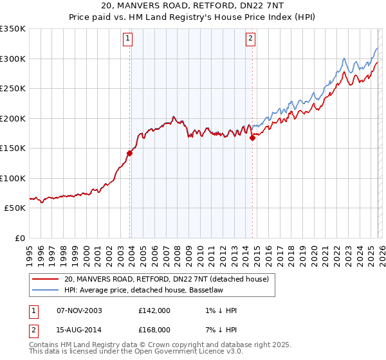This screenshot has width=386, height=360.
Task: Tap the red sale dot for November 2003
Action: click(x=130, y=153)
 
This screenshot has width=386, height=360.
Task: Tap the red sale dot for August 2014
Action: click(x=252, y=138)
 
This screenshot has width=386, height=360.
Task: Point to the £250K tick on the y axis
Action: click(x=13, y=89)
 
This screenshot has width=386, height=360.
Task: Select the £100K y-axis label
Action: click(x=13, y=178)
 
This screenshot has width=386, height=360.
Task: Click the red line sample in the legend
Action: click(x=45, y=279)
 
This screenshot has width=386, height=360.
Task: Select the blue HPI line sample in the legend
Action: click(x=45, y=290)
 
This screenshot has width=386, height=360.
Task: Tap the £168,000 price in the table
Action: click(x=154, y=329)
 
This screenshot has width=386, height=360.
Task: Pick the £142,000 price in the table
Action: click(x=154, y=310)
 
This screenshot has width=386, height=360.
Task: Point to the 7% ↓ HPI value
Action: click(x=219, y=329)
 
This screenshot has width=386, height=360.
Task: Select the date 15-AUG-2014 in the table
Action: click(x=80, y=329)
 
